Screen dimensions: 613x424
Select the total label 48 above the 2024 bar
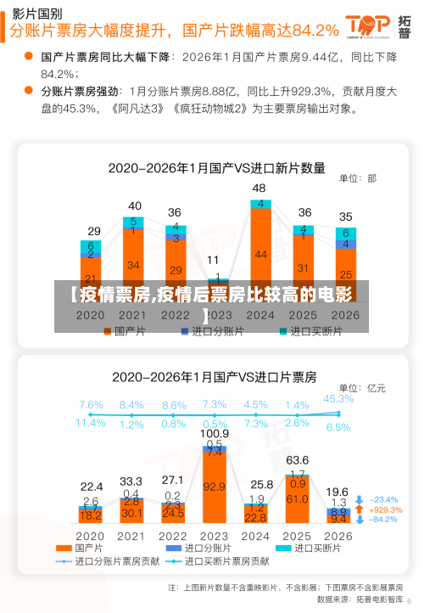259,188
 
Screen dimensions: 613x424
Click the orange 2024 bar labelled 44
260,254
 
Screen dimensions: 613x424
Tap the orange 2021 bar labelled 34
134,265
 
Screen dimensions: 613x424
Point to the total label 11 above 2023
213,260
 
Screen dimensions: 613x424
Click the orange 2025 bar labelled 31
304,267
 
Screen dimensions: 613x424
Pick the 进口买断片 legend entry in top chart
310,331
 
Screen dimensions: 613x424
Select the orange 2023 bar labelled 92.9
215,486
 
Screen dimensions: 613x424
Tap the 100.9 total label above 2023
215,434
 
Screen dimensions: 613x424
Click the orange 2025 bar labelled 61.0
297,499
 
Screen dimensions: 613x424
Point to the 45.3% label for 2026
338,398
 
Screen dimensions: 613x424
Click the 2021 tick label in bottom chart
131,537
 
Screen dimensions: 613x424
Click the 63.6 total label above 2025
297,461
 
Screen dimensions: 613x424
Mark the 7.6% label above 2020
91,405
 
